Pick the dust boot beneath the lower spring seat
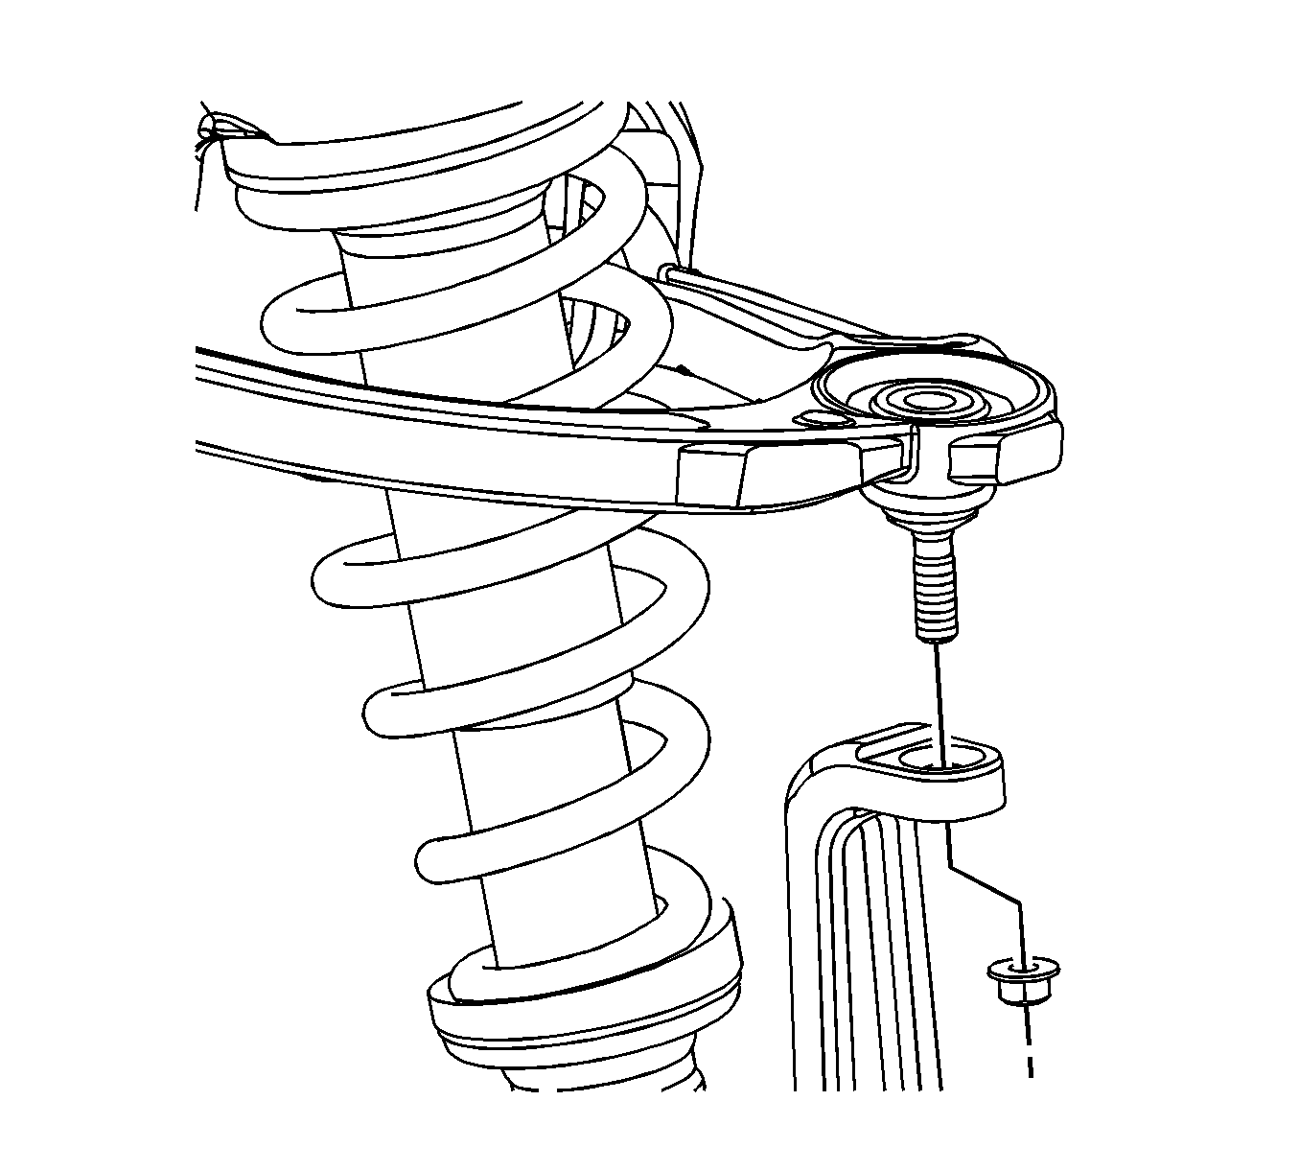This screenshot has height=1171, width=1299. [x=604, y=1079]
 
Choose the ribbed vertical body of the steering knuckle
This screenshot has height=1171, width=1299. [x=863, y=949]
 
